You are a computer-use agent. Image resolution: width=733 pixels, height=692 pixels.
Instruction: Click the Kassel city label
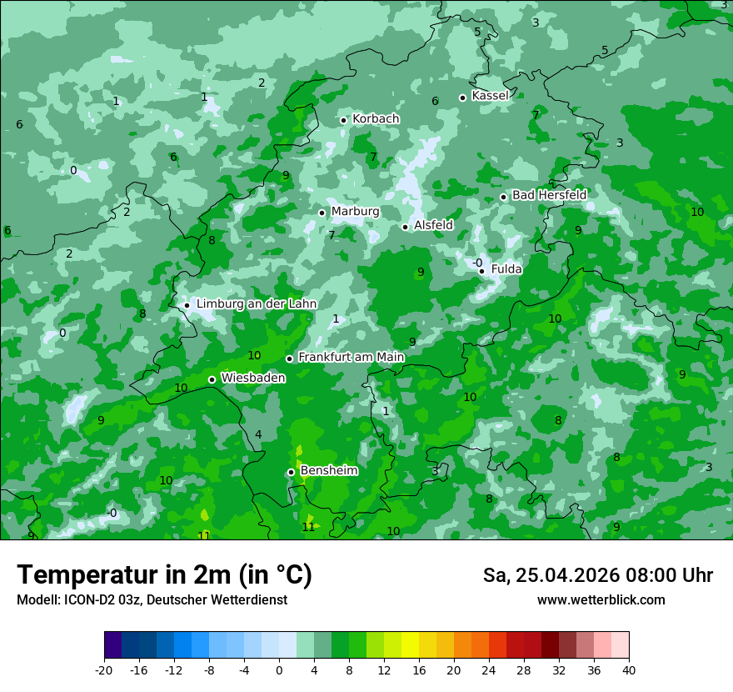tap(490, 96)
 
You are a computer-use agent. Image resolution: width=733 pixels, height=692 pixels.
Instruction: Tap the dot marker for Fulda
tap(481, 270)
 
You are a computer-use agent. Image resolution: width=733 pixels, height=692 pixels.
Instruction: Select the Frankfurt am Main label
tap(351, 358)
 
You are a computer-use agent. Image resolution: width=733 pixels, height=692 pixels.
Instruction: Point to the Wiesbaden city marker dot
tap(212, 379)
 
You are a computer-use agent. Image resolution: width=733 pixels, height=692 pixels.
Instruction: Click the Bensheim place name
tap(328, 471)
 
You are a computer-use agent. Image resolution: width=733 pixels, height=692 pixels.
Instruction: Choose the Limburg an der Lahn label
tap(256, 304)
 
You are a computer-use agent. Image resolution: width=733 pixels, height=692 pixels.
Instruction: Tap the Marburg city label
tap(355, 212)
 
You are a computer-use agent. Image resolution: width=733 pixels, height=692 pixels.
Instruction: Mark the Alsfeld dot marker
tap(405, 227)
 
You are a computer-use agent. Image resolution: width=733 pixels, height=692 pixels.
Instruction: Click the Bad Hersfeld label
tap(549, 195)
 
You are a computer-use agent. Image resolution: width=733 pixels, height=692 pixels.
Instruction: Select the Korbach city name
tap(376, 119)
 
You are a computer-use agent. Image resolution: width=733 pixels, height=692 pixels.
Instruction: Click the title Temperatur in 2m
tap(164, 575)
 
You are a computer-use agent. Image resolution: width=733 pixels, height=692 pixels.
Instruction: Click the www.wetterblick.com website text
tap(601, 599)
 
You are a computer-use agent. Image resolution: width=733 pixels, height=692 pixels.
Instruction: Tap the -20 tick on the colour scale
tap(104, 670)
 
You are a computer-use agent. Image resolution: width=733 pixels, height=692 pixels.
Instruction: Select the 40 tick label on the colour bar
tap(629, 670)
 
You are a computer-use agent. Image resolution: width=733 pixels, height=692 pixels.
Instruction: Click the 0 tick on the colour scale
tap(279, 670)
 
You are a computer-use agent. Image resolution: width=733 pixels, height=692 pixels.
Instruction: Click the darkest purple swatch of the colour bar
tap(113, 645)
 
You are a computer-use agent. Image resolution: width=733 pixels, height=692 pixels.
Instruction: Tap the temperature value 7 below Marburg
tap(332, 236)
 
